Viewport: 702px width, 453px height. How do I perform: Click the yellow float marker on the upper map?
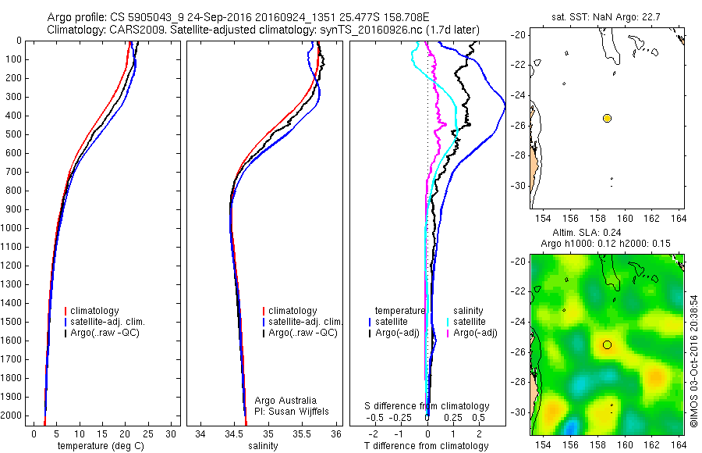pos(607,118)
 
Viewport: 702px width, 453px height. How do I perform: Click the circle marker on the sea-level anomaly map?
pos(607,344)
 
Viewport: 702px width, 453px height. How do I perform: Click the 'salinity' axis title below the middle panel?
pos(261,446)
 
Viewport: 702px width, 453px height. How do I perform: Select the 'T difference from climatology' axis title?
pos(427,446)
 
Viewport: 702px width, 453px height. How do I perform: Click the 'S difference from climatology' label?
pos(427,406)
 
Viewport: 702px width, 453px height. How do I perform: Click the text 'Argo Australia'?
pos(285,401)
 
